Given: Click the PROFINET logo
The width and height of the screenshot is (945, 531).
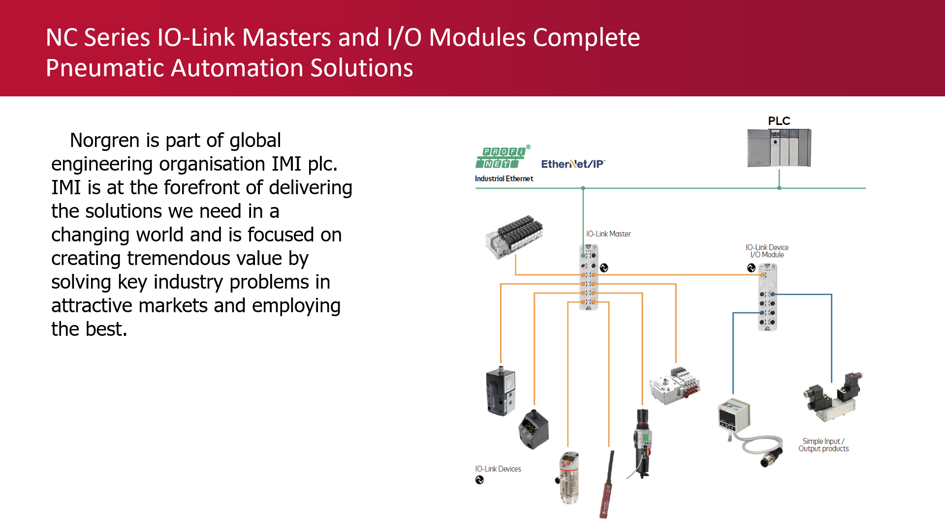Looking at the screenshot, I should (x=502, y=157).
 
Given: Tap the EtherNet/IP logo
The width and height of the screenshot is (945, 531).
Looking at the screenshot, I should (x=573, y=164).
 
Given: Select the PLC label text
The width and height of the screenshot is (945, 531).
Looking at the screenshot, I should (x=779, y=121).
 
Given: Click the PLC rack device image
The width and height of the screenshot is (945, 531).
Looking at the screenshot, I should (x=779, y=148).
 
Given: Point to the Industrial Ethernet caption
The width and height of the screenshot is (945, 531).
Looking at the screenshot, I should (x=504, y=179).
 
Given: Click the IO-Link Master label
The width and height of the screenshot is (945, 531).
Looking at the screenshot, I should (x=608, y=234).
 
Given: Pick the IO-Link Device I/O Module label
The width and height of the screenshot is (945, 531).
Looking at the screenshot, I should (x=767, y=251).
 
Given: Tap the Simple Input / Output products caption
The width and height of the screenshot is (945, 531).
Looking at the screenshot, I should (x=823, y=445).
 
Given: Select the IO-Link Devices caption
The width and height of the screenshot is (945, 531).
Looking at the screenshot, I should (x=498, y=469).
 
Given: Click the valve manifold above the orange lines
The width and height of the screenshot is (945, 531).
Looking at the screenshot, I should (x=515, y=236).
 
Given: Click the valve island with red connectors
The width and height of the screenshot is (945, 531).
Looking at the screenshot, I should (x=675, y=385).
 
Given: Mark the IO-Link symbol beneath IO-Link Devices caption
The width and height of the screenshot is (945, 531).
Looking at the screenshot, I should (x=479, y=480).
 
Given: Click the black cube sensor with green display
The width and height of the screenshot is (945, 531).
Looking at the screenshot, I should (x=533, y=429).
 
